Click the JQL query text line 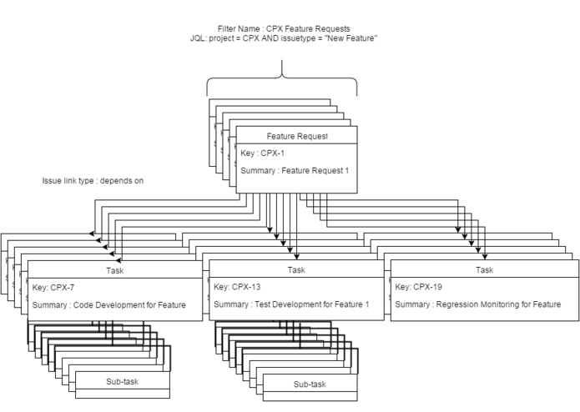pos(285,39)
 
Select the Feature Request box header pos(296,136)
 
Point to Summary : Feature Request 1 pos(294,171)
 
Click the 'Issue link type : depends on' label pos(93,180)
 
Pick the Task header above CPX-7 pos(115,270)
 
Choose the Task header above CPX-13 pos(296,270)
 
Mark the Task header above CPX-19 pos(484,270)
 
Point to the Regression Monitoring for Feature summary pos(477,305)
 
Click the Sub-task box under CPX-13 pos(310,384)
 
